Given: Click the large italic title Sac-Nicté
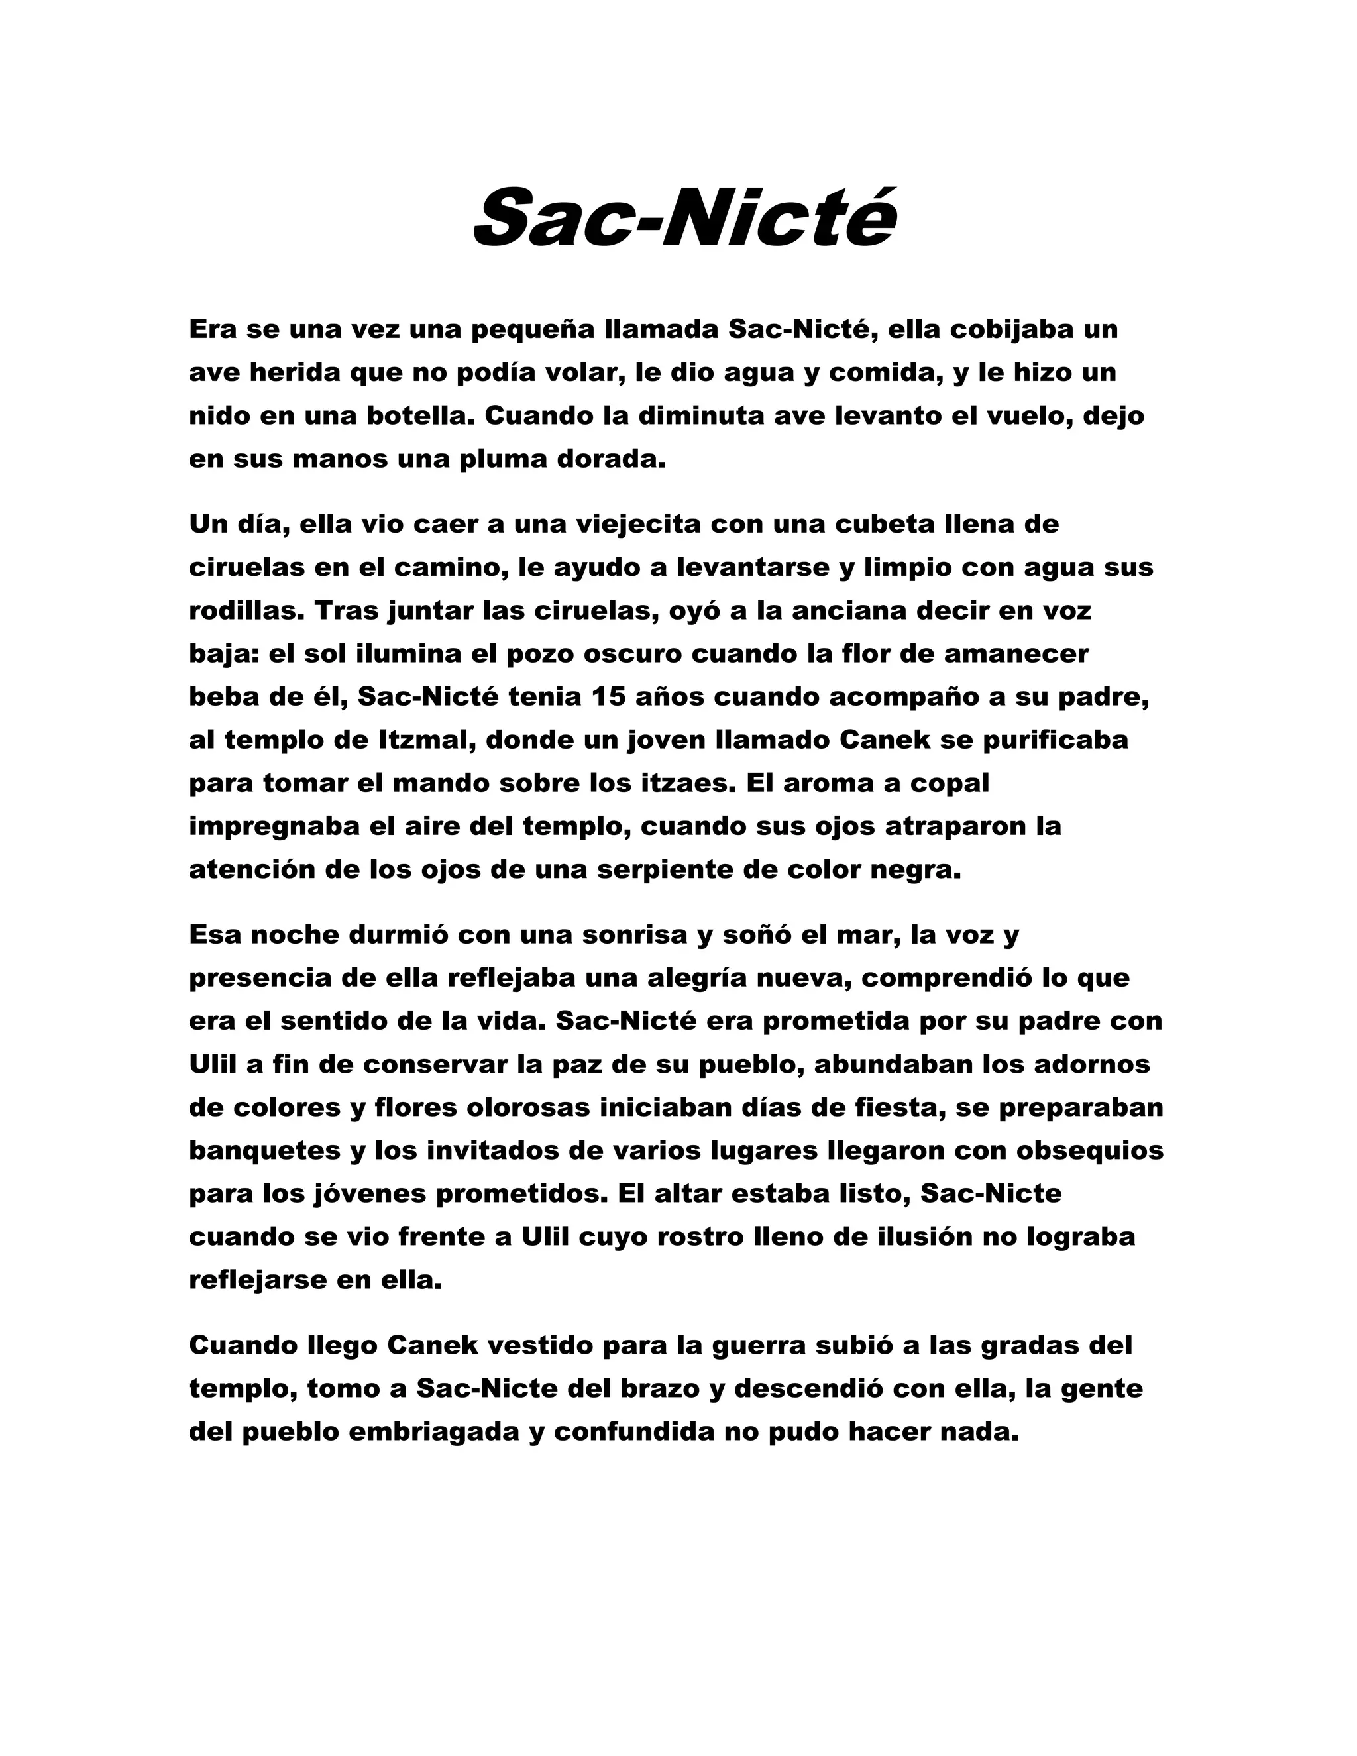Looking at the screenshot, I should click(x=684, y=217).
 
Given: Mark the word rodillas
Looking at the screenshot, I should click(x=246, y=610).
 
